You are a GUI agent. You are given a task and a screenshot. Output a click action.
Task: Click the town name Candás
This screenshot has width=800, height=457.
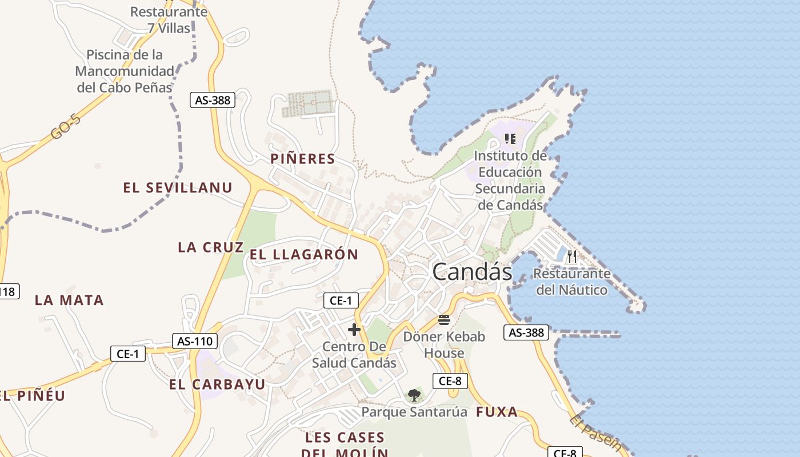pyautogui.click(x=472, y=272)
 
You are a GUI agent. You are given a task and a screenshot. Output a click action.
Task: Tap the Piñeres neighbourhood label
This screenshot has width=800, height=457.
pyautogui.click(x=302, y=159)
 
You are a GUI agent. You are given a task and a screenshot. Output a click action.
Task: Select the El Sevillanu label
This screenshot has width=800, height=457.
pyautogui.click(x=178, y=188)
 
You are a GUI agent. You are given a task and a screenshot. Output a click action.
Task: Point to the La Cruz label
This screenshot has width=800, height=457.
pyautogui.click(x=210, y=247)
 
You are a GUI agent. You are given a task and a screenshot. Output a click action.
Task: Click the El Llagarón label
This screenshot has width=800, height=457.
pyautogui.click(x=304, y=255)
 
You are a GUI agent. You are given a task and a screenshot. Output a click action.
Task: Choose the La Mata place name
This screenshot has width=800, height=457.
pyautogui.click(x=69, y=300)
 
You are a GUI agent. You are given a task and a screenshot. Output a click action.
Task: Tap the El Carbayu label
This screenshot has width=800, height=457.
pyautogui.click(x=217, y=385)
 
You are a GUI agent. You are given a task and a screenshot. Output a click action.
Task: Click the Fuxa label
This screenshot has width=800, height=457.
pyautogui.click(x=497, y=412)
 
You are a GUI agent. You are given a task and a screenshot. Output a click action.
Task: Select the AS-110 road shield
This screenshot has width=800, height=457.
pyautogui.click(x=195, y=342)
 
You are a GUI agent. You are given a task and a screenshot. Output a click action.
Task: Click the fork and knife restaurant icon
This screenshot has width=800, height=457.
pyautogui.click(x=572, y=256)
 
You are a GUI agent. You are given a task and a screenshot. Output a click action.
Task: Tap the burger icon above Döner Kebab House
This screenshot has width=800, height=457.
pyautogui.click(x=444, y=320)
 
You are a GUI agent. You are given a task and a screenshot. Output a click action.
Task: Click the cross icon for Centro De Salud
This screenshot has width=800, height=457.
pyautogui.click(x=354, y=330)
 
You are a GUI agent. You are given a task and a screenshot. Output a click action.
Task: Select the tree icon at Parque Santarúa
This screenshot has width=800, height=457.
pyautogui.click(x=414, y=395)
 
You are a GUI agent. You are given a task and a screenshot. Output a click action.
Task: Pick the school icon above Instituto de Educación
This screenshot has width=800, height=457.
pyautogui.click(x=510, y=139)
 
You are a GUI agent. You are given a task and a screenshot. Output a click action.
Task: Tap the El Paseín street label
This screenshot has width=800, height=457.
pyautogui.click(x=595, y=432)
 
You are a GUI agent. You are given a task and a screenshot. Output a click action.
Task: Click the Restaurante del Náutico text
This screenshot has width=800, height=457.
pyautogui.click(x=572, y=282)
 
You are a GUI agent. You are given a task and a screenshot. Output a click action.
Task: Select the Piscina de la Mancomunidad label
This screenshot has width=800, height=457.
pyautogui.click(x=125, y=71)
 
